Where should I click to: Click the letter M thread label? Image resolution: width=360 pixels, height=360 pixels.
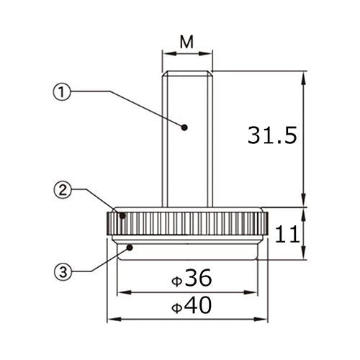pos(186,42)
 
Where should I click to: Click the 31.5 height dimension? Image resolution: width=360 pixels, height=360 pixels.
pos(272,135)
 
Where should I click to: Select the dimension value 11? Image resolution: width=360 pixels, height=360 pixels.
pos(287,234)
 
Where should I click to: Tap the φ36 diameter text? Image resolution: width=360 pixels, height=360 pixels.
pos(192,278)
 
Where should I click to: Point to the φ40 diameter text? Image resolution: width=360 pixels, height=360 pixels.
pos(192,305)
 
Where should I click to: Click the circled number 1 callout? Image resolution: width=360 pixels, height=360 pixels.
pos(62,92)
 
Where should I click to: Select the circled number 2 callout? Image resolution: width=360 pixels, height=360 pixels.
pos(63,190)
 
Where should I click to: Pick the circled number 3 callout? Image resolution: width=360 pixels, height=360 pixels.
pos(63,272)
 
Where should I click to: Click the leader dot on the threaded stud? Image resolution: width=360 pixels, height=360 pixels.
pos(184,127)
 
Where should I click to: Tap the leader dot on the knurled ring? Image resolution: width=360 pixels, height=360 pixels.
pos(122,215)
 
